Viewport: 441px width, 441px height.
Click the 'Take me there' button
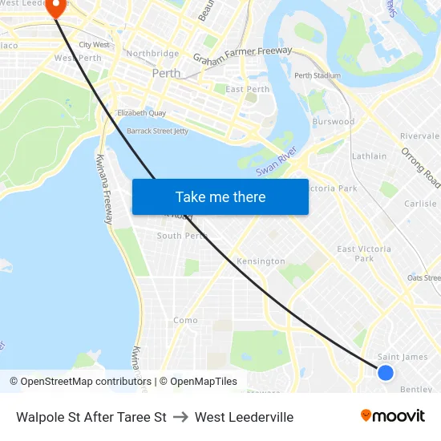220,196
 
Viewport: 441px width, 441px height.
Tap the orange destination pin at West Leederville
57,7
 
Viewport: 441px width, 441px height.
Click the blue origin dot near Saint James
386,372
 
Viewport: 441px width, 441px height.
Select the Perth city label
166,73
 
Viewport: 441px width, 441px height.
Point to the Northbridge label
152,54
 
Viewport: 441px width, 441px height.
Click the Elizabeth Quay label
141,114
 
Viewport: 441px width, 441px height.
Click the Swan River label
277,161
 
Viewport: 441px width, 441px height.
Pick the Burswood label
333,122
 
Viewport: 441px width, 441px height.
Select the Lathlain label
369,156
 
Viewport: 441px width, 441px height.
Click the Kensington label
261,261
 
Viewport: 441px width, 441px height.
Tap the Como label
185,320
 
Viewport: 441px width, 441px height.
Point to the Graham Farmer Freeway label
243,57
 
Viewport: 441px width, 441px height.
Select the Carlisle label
420,204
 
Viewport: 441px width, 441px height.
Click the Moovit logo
392,416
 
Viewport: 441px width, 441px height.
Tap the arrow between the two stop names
180,417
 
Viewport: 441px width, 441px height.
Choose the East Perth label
247,89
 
